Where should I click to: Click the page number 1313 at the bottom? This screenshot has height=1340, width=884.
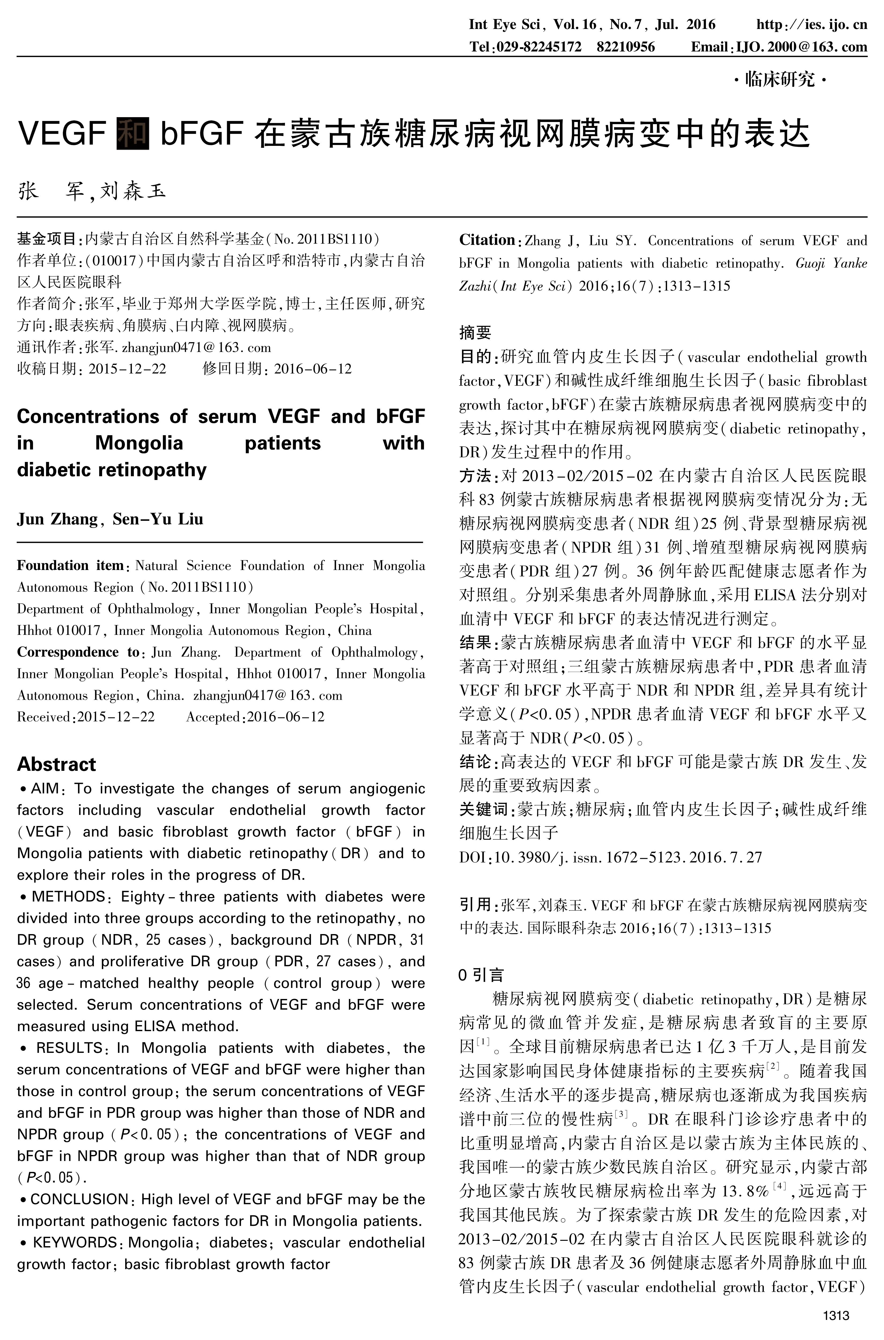click(x=835, y=1316)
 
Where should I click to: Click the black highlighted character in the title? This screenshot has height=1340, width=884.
click(x=132, y=133)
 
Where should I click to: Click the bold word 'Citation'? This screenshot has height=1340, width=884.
click(x=487, y=240)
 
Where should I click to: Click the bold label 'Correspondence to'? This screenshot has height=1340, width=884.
click(x=78, y=652)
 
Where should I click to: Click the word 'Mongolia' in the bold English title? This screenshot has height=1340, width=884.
click(x=139, y=443)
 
